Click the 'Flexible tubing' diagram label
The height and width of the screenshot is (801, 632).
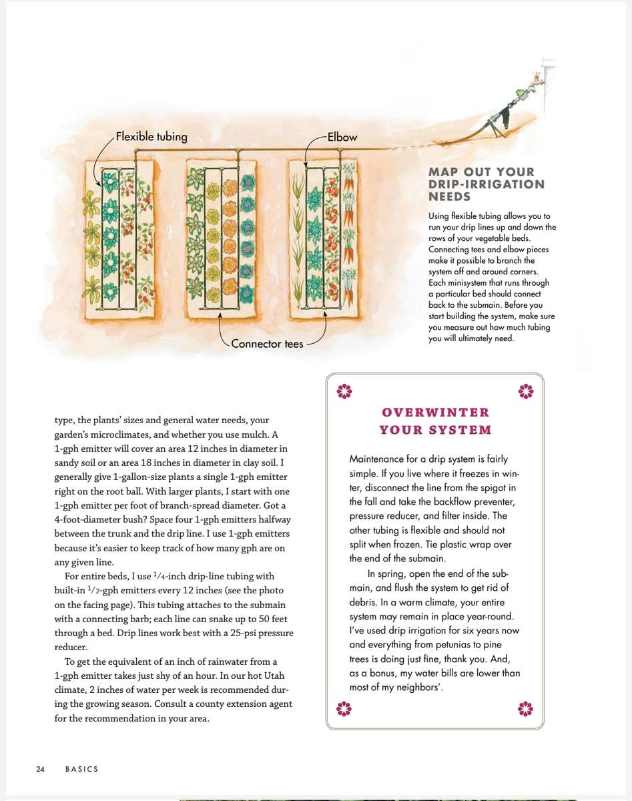click(x=151, y=137)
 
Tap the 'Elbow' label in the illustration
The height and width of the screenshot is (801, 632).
click(x=342, y=138)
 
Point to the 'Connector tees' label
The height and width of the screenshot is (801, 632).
click(x=267, y=344)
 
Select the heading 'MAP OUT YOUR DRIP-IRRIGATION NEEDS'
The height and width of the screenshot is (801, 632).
click(x=486, y=184)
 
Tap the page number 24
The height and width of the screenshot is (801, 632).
click(x=40, y=769)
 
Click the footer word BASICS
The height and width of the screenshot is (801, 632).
click(x=81, y=769)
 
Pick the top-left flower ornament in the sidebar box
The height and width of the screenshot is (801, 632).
click(x=344, y=390)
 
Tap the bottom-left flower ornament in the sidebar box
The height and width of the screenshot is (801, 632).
click(x=344, y=708)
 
